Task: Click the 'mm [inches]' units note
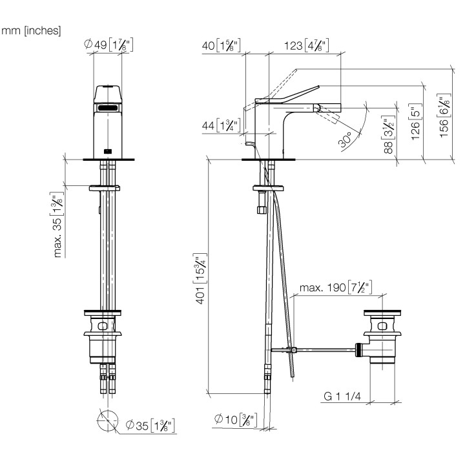(x=32, y=31)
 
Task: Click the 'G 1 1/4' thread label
(x=346, y=396)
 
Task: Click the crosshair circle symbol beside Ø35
(x=107, y=422)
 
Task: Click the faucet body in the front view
(x=108, y=123)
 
